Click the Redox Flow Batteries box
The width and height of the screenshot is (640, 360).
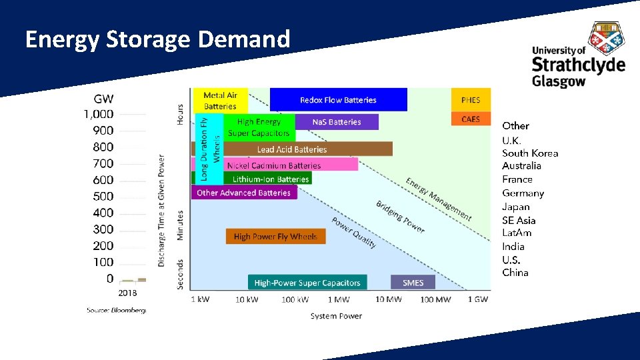coord(338,100)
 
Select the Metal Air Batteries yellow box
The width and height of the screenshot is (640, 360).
coord(220,101)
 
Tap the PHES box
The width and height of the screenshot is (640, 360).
coord(471,100)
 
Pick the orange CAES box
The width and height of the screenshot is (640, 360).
coord(471,119)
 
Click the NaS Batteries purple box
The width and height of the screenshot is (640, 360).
coord(336,122)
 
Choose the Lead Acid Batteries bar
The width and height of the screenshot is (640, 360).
coord(292,149)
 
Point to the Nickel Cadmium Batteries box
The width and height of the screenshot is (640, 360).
coord(274,165)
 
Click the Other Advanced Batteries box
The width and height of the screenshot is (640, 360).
coord(243,193)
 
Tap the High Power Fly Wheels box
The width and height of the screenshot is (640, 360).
coord(275,237)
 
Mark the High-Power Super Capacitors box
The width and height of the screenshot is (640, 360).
coord(307,283)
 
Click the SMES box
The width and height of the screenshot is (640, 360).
coord(413,283)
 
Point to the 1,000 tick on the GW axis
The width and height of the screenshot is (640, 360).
coord(99,114)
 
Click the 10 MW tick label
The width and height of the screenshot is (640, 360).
coord(389,299)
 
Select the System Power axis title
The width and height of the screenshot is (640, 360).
coord(336,316)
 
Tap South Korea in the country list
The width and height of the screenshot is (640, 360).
coord(530,153)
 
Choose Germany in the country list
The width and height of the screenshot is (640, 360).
coord(523,193)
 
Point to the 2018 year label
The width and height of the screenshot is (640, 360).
coord(128,293)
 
